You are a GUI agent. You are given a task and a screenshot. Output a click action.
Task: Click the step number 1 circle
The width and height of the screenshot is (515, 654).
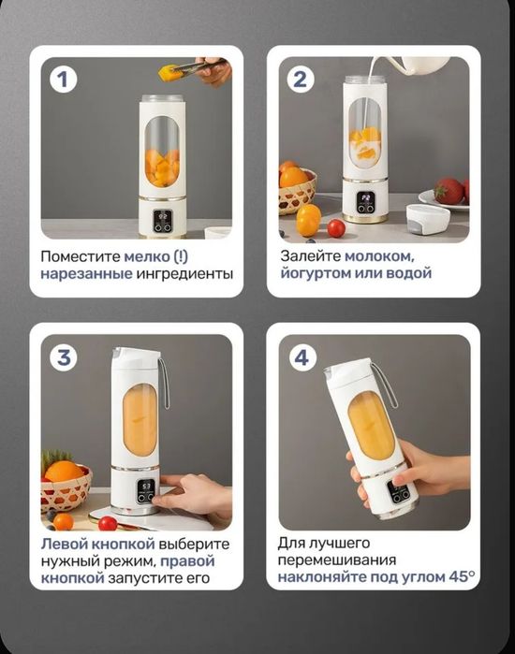point(63,80)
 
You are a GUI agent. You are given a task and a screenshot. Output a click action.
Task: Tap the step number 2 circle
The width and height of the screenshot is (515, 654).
point(300,80)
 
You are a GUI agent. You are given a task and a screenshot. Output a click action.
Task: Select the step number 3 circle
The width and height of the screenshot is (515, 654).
point(63,357)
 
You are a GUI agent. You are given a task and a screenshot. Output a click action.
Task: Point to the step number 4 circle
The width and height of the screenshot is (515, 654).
point(300,357)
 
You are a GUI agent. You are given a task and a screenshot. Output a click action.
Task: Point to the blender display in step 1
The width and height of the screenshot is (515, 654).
point(162,225)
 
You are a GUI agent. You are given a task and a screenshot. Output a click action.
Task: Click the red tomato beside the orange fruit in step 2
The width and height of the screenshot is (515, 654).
point(336,227)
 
